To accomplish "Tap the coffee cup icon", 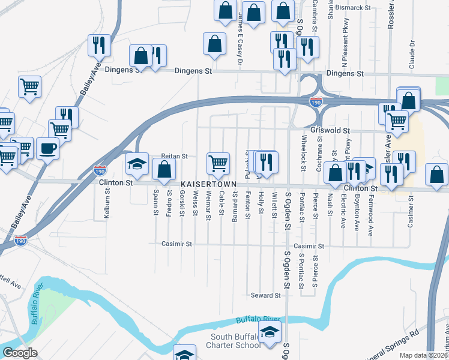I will tap(48, 148).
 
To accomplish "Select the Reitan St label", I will tap(175, 156).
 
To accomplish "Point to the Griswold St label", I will tap(330, 130).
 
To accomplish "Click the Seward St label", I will tap(266, 295).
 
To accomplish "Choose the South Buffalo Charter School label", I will tap(232, 340).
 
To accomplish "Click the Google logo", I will tap(20, 353).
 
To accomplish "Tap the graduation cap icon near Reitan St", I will tap(137, 163).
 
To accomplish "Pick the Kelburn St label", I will tap(107, 204).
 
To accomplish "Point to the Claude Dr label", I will tap(412, 55).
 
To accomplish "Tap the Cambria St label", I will tap(314, 17).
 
